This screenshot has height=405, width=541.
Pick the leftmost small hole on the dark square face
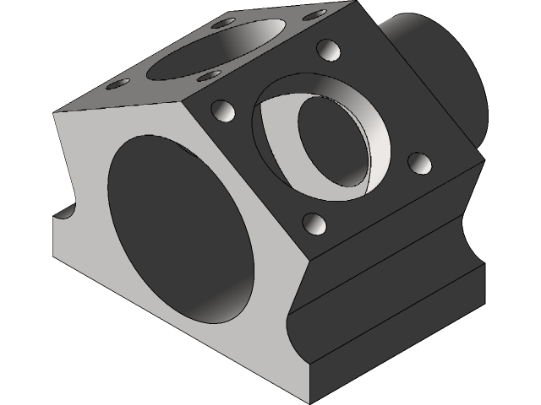tap(222, 111)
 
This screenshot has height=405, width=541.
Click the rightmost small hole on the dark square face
tap(418, 162)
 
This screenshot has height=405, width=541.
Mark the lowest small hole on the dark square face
tap(314, 224)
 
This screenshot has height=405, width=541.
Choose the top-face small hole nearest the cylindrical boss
tap(314, 16)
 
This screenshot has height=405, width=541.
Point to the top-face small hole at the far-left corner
tap(118, 84)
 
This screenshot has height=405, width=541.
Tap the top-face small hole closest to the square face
tap(207, 77)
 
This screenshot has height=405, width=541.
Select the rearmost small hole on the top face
tap(224, 24)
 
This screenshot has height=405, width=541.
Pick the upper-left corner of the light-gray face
tap(56, 112)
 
